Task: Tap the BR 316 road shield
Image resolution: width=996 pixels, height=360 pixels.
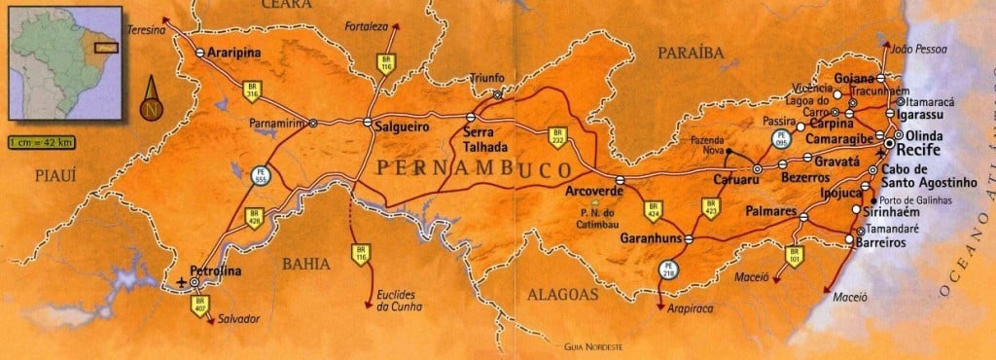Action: [x=252, y=91]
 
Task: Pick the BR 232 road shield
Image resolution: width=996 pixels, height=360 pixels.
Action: [x=557, y=136]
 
